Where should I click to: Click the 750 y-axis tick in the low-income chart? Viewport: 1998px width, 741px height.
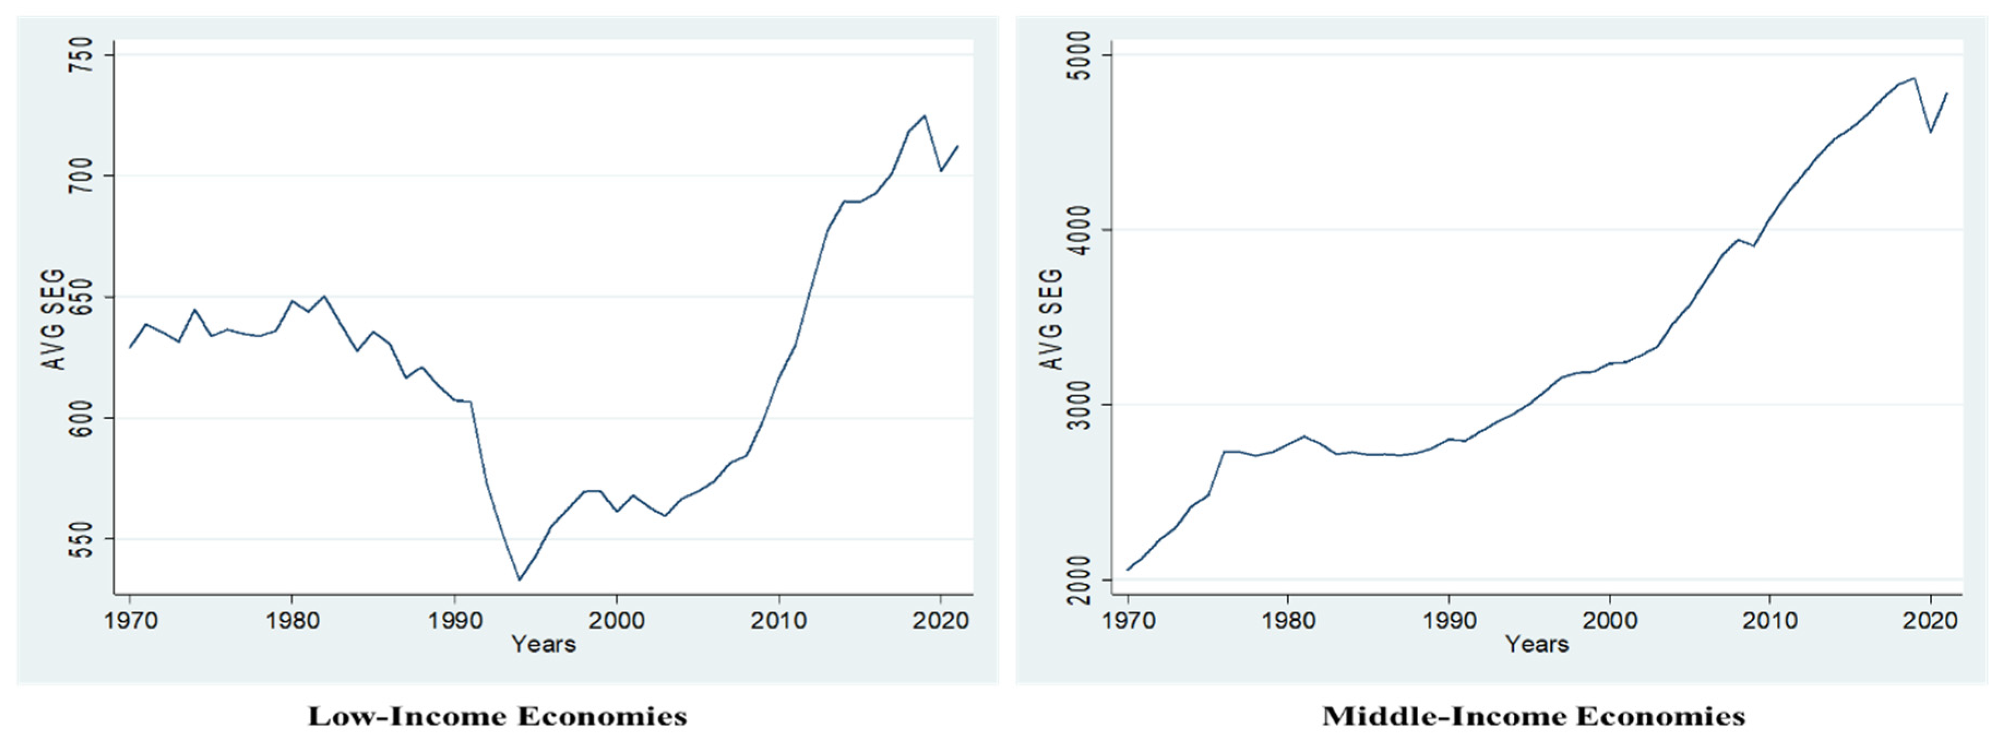click(81, 55)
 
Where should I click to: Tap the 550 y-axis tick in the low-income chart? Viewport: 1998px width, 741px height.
click(81, 539)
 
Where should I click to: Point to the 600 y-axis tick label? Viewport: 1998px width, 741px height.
click(81, 418)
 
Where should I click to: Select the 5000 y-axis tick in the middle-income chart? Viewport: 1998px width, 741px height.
click(1078, 55)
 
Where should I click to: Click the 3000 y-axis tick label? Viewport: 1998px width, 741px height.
click(1078, 404)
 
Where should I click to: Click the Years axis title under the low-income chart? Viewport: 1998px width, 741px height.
click(543, 644)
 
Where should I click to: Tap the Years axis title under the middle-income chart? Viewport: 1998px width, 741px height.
click(1536, 644)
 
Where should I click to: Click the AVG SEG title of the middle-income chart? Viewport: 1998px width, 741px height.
click(1050, 320)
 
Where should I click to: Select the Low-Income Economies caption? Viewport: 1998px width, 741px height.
click(497, 715)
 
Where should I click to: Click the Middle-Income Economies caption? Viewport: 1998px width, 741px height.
click(1533, 715)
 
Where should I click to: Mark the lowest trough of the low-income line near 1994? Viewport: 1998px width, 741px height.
click(519, 579)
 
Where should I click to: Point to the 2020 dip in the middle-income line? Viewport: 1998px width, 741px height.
click(1930, 132)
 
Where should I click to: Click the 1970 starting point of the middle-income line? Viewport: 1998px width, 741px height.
click(1127, 570)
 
